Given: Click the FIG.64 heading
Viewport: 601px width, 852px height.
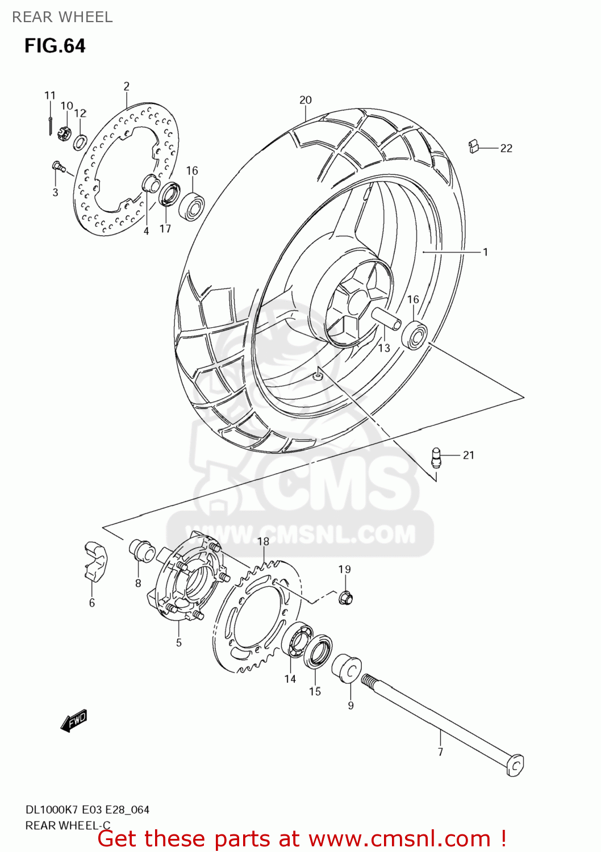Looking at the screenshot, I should [55, 45].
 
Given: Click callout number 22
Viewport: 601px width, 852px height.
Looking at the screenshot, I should [506, 148].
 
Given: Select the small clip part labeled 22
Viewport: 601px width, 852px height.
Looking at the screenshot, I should [474, 147].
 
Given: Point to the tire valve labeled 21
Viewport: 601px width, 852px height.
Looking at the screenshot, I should [436, 457].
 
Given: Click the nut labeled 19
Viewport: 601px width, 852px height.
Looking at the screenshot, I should [345, 598].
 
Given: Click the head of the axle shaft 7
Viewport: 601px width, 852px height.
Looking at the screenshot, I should [515, 765].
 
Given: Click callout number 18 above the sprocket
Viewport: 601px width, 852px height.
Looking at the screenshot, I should [263, 541].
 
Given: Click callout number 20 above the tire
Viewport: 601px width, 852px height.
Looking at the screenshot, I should [306, 100].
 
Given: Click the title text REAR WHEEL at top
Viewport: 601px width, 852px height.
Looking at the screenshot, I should [62, 17].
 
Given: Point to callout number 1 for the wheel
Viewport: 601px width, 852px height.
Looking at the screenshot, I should [485, 252].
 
